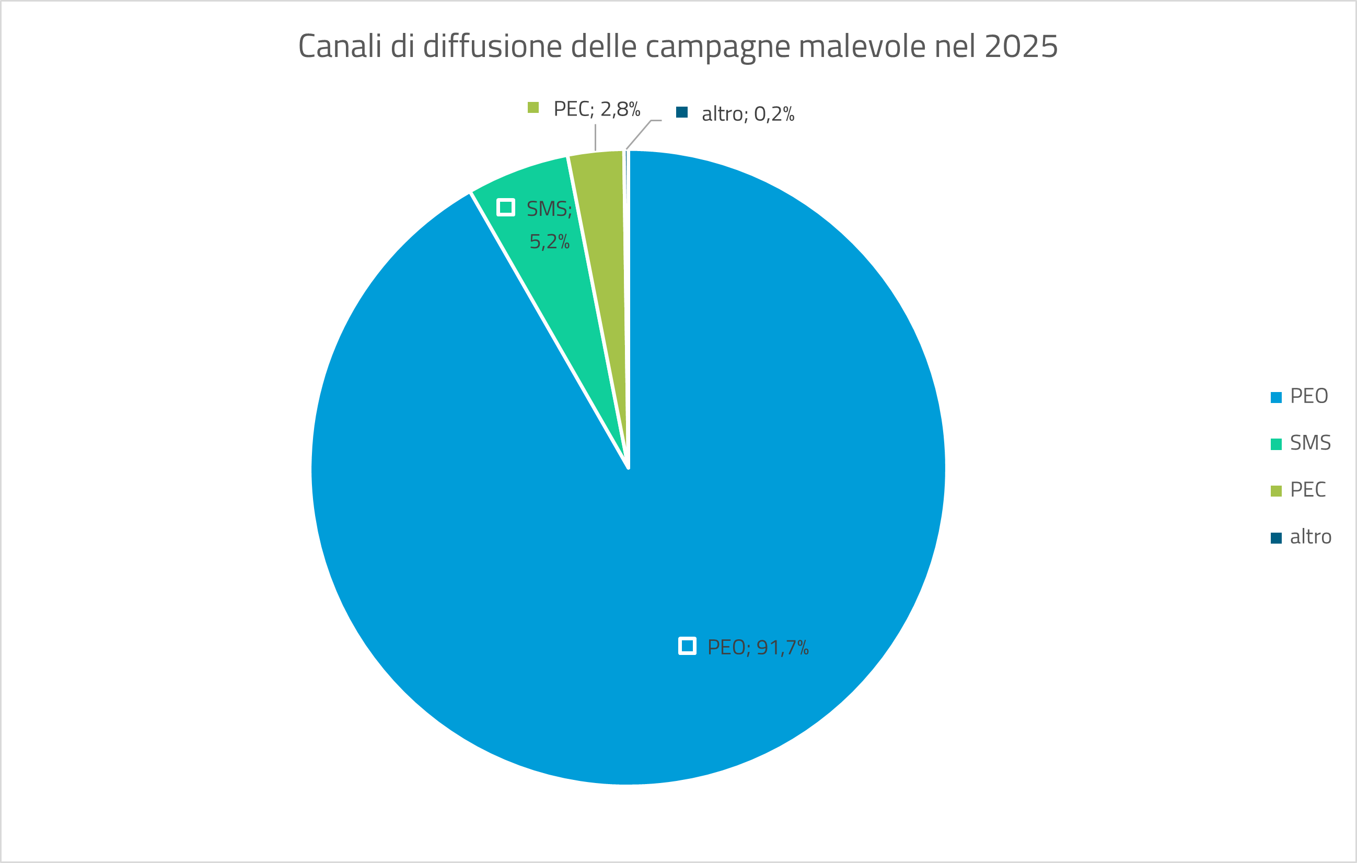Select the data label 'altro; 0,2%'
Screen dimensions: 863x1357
pyautogui.click(x=747, y=114)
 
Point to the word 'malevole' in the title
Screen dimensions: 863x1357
pyautogui.click(x=862, y=46)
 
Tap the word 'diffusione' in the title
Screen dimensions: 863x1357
pyautogui.click(x=492, y=46)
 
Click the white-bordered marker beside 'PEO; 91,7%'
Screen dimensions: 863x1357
pyautogui.click(x=687, y=646)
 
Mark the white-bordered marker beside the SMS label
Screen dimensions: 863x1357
pyautogui.click(x=505, y=208)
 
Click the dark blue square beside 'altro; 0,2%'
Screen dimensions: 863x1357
pyautogui.click(x=682, y=112)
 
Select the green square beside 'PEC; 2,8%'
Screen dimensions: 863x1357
pyautogui.click(x=533, y=108)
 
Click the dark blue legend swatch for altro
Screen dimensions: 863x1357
pyautogui.click(x=1277, y=538)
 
